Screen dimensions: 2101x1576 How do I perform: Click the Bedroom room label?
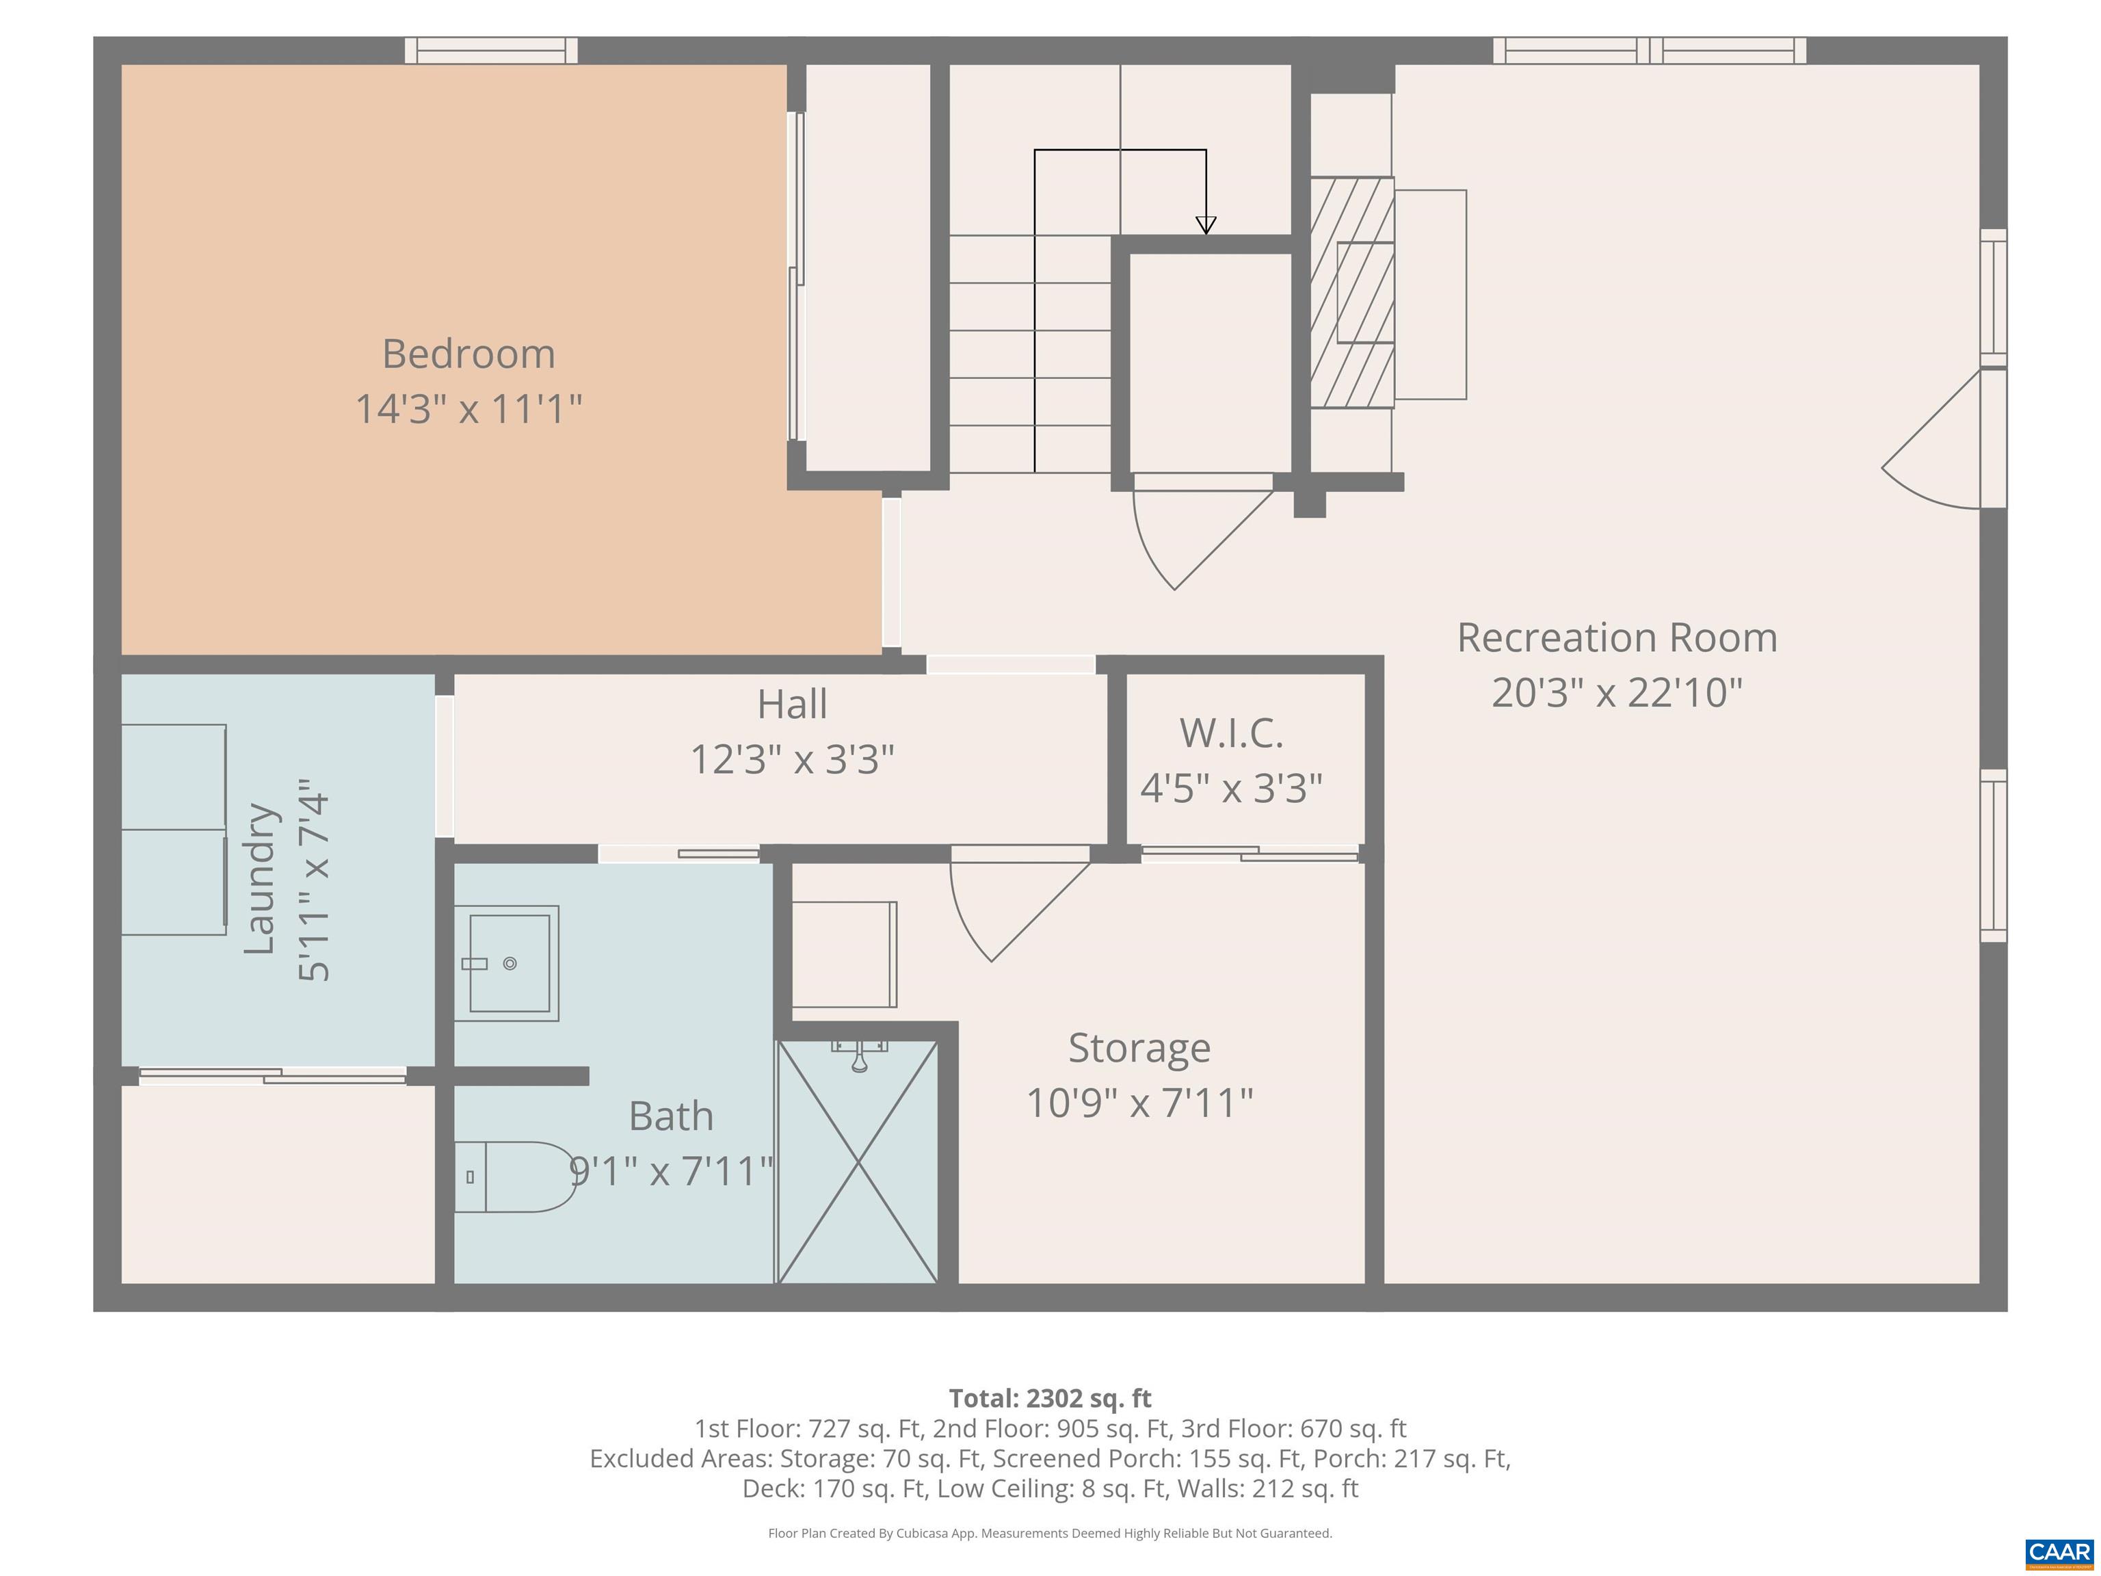(468, 354)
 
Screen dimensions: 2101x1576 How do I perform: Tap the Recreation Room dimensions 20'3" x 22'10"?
(1617, 692)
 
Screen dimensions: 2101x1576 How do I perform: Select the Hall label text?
(792, 704)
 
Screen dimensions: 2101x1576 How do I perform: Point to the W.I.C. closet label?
(1231, 733)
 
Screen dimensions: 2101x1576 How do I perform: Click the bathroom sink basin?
(506, 963)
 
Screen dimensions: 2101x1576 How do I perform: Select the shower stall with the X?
(858, 1161)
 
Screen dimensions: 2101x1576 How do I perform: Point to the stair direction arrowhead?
(1205, 225)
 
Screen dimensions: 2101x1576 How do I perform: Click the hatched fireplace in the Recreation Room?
(1351, 293)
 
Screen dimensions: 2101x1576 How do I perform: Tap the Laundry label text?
(259, 879)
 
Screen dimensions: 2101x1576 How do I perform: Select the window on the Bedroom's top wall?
(491, 51)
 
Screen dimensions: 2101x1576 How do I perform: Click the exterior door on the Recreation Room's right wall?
(1943, 439)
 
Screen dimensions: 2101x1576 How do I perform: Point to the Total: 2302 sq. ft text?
(1050, 1398)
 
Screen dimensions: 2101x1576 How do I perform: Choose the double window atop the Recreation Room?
(1650, 51)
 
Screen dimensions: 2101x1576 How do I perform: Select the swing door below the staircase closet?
(1202, 532)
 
